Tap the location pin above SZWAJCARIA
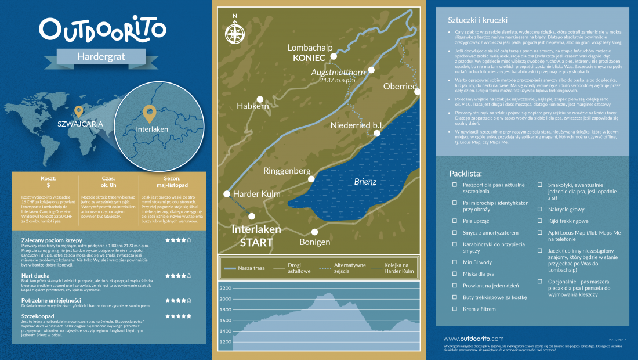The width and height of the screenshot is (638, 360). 79,111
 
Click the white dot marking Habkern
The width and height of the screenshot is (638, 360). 260,99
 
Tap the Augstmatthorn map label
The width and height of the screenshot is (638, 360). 339,73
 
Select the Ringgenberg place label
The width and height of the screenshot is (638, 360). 288,171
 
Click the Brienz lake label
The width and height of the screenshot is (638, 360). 365,182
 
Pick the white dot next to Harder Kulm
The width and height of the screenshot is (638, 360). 227,194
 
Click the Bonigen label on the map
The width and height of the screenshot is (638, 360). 315,242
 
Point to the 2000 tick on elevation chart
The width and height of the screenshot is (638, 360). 224,299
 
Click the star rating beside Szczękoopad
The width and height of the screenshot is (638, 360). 178,316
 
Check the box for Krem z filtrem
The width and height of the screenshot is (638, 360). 455,309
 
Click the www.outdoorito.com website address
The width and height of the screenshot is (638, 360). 473,339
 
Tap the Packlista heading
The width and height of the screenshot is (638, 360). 466,173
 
